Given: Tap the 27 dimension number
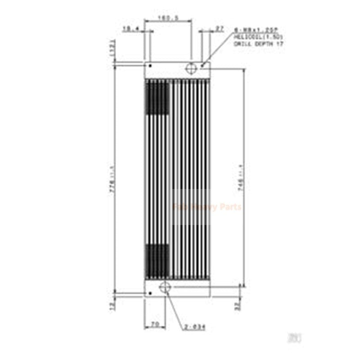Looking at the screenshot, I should click(x=220, y=29).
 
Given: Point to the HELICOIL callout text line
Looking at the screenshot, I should click(x=258, y=38).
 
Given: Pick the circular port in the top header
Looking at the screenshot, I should click(x=191, y=68).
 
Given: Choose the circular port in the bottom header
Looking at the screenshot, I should click(x=165, y=287).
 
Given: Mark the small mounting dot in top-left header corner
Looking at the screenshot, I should click(x=150, y=66).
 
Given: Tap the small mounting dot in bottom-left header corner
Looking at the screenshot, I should click(x=150, y=293).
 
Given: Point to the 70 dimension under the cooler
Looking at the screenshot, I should click(x=154, y=324).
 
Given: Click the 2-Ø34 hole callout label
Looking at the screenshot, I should click(x=195, y=328).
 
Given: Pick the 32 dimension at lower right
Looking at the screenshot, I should click(x=237, y=306).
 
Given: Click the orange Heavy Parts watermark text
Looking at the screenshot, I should click(x=207, y=207).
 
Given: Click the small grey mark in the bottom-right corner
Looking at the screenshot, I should click(x=296, y=337).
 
